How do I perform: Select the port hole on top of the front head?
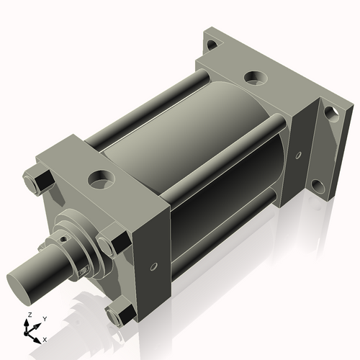click(97, 176)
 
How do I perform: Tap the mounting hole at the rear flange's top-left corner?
click(210, 46)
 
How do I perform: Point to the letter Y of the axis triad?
click(44, 318)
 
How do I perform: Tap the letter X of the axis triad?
click(45, 338)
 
